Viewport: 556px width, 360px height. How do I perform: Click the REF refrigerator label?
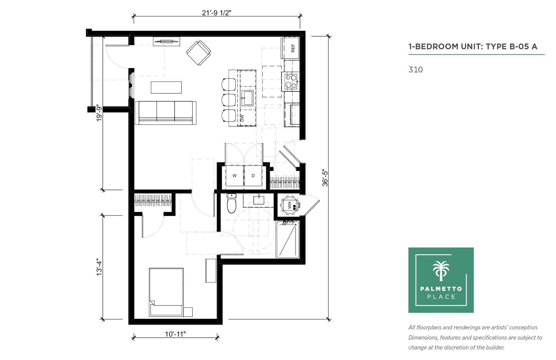click(293, 48)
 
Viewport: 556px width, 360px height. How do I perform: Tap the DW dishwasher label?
click(242, 118)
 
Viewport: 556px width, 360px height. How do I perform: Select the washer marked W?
click(234, 176)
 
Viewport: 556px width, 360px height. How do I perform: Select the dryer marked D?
click(253, 176)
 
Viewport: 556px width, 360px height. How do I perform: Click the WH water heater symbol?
click(290, 205)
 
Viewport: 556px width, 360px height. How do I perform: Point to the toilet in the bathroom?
click(232, 203)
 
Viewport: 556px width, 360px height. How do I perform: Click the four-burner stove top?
click(291, 82)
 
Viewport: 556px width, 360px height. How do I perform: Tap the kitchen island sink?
click(247, 98)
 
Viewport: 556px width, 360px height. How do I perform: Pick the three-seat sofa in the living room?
click(165, 113)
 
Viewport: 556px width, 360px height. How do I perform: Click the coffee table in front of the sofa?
click(166, 87)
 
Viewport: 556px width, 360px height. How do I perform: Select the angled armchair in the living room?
click(199, 53)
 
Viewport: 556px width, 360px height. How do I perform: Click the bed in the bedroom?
click(166, 292)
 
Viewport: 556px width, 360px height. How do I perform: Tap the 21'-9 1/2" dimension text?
click(216, 13)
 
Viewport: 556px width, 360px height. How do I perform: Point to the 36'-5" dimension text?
click(325, 178)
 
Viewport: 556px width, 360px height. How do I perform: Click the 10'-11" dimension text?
click(176, 334)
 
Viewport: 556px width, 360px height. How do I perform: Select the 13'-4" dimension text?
click(99, 267)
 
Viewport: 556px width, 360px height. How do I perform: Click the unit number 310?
click(415, 70)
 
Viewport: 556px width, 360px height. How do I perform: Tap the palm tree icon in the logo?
click(441, 271)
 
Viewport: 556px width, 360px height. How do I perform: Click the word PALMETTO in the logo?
click(441, 289)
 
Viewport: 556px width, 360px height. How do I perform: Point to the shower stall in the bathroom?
click(288, 240)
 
